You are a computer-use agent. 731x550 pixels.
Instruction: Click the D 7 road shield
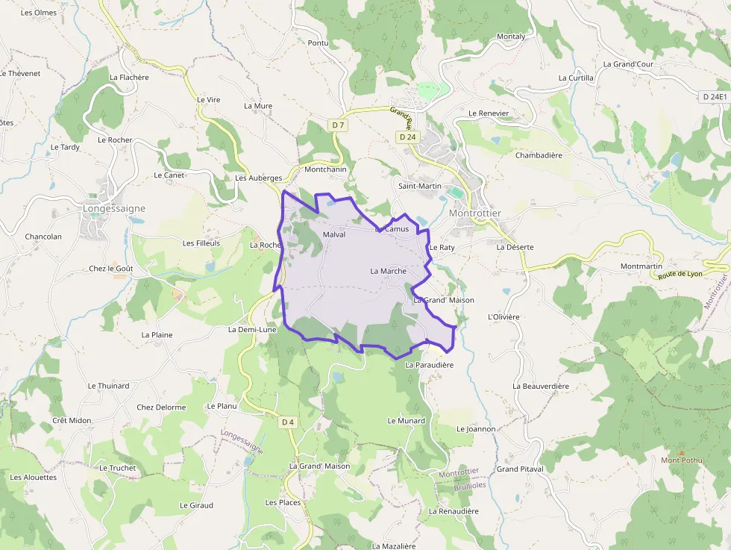pyautogui.click(x=339, y=125)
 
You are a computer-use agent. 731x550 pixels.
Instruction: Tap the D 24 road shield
pyautogui.click(x=407, y=137)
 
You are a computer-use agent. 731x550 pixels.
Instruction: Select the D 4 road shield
pyautogui.click(x=288, y=422)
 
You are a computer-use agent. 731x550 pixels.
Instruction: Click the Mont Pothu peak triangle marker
pyautogui.click(x=681, y=452)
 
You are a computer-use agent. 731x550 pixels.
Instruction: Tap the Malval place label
pyautogui.click(x=335, y=234)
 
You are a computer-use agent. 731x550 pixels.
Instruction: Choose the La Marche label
pyautogui.click(x=388, y=271)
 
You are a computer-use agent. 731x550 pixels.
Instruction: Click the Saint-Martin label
pyautogui.click(x=419, y=186)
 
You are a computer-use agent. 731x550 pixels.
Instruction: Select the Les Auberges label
pyautogui.click(x=258, y=178)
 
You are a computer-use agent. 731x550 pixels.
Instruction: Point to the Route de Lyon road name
pyautogui.click(x=680, y=274)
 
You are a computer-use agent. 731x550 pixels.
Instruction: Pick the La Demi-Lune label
pyautogui.click(x=252, y=329)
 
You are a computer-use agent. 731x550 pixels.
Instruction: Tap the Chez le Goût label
pyautogui.click(x=110, y=269)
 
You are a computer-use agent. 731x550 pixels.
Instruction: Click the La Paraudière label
pyautogui.click(x=429, y=365)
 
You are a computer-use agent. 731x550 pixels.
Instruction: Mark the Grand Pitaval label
pyautogui.click(x=520, y=469)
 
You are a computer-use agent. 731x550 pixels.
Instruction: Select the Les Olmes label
pyautogui.click(x=39, y=13)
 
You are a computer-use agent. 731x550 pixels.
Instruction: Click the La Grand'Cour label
pyautogui.click(x=628, y=64)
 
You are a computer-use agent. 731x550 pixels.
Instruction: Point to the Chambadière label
pyautogui.click(x=539, y=155)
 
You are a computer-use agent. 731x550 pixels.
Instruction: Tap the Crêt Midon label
pyautogui.click(x=72, y=420)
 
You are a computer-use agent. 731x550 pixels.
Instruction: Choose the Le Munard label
pyautogui.click(x=406, y=421)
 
